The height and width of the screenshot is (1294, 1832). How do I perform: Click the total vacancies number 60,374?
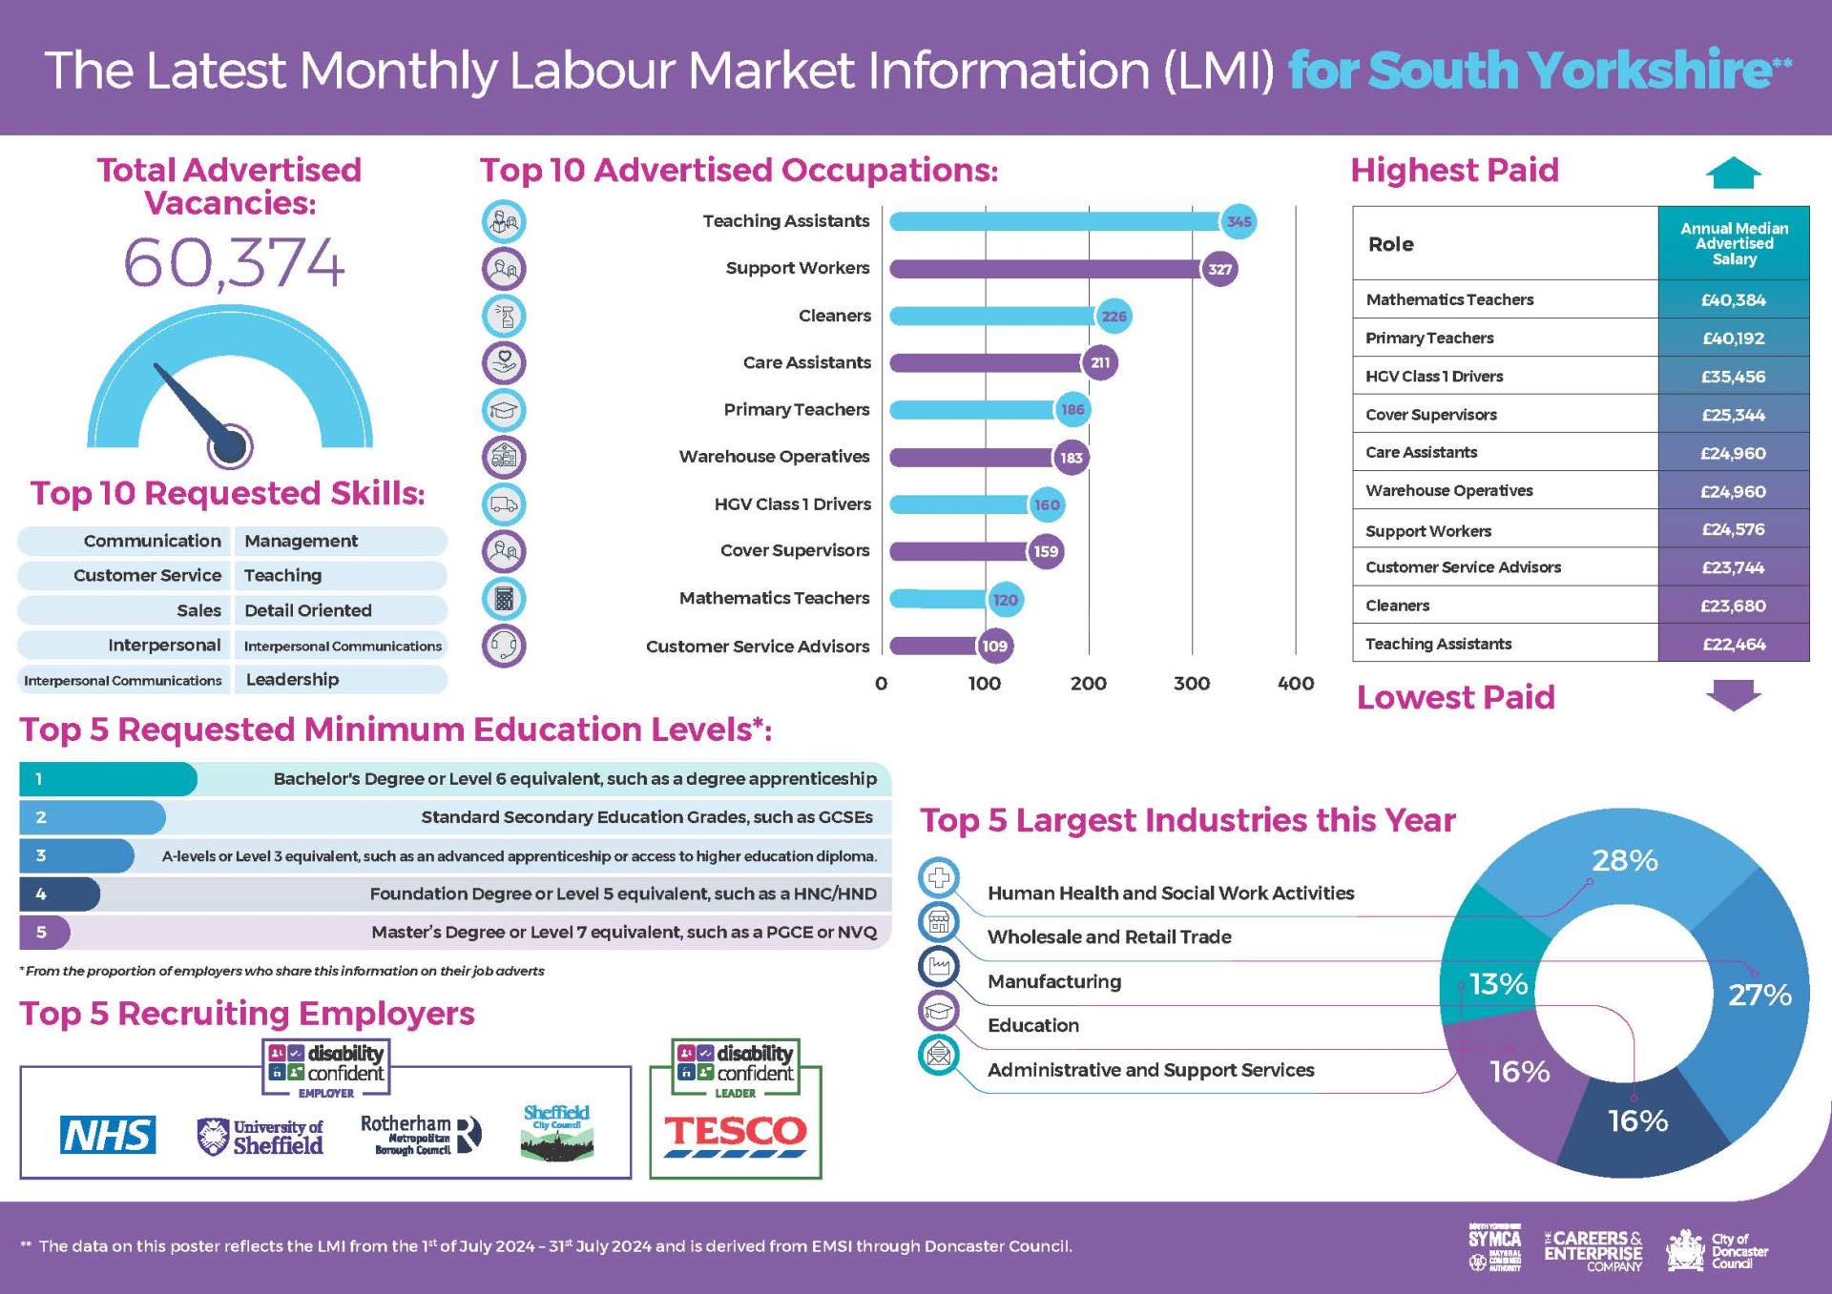click(234, 262)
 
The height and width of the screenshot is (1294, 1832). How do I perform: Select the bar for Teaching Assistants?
click(1054, 221)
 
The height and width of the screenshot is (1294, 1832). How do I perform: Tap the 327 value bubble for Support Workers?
click(1219, 269)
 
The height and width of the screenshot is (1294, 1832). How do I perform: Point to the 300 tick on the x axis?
click(1191, 683)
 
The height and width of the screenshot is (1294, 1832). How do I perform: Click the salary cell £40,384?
click(1733, 299)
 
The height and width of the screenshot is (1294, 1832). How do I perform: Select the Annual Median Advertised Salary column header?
click(1733, 243)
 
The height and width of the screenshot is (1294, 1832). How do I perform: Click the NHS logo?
click(108, 1135)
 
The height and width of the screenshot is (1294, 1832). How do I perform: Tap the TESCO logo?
click(735, 1134)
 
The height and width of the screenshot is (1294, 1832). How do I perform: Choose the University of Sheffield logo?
click(260, 1136)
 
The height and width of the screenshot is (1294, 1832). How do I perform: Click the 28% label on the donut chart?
click(1624, 860)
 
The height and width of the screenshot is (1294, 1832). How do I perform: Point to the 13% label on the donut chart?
click(1498, 984)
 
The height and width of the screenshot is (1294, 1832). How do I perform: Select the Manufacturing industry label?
click(1054, 981)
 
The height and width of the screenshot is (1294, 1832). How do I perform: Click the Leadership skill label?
click(292, 680)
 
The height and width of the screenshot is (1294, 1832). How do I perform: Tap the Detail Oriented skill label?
click(307, 610)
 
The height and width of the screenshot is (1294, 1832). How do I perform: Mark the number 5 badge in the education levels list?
click(41, 932)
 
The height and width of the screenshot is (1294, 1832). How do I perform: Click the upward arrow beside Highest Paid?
click(1733, 173)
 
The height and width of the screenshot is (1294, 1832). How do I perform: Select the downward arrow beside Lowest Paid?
click(1733, 695)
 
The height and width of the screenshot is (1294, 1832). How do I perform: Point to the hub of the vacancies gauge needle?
click(230, 446)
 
